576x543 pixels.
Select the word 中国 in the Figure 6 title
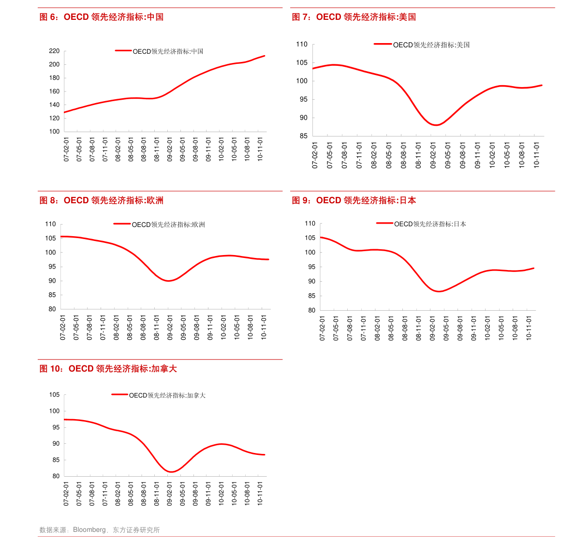click(155, 17)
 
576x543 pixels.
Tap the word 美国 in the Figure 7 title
click(408, 17)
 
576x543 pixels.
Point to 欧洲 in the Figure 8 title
click(155, 201)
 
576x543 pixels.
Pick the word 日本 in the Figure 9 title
click(408, 201)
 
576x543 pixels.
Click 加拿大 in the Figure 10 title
click(164, 369)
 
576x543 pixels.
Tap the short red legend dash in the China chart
click(123, 50)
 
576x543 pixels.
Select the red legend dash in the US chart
click(383, 44)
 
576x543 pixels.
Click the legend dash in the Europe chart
click(122, 224)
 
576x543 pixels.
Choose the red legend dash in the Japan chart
click(384, 223)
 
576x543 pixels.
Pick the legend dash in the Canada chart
click(120, 394)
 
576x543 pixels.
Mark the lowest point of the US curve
click(436, 125)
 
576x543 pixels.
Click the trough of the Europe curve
click(169, 281)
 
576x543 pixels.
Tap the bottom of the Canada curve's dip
click(172, 472)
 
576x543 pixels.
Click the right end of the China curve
click(265, 56)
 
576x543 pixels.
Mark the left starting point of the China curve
click(65, 112)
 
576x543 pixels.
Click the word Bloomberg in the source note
click(89, 530)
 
